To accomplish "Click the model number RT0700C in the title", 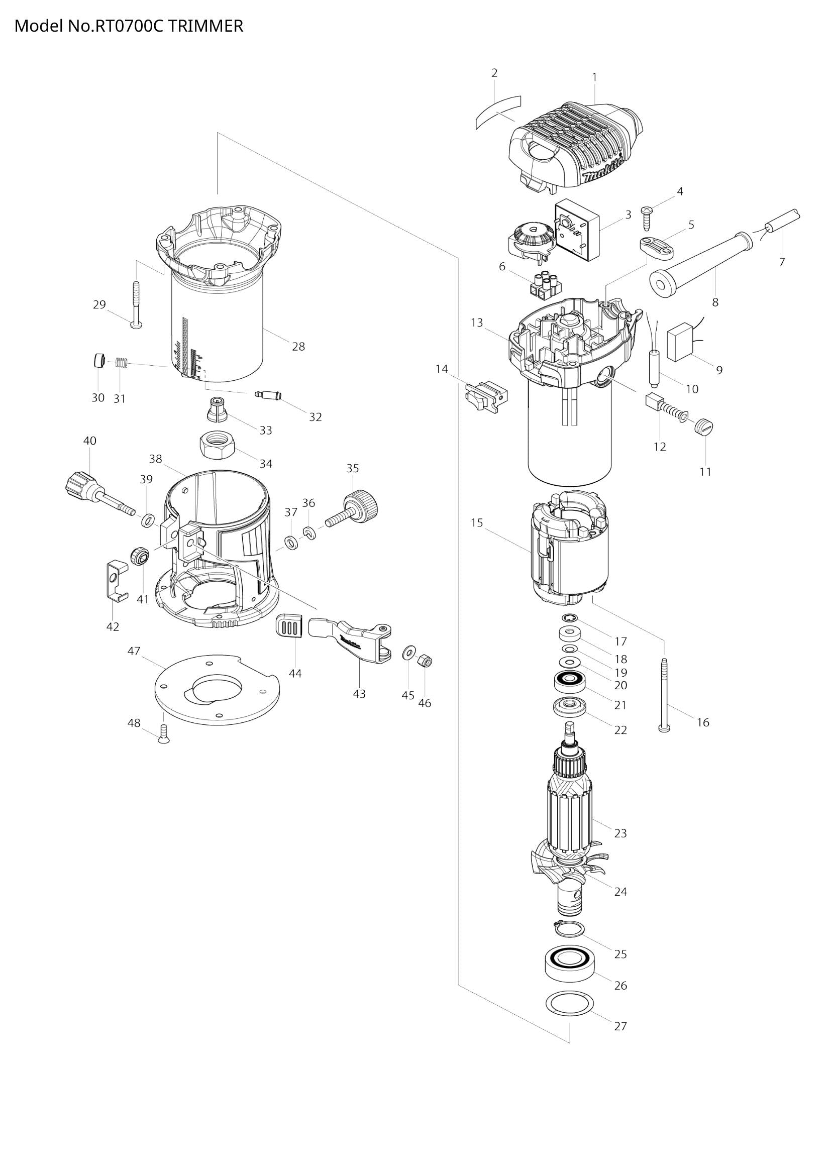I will tap(129, 26).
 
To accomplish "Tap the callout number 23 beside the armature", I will tap(620, 833).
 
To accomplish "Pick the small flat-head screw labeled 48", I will tap(164, 735).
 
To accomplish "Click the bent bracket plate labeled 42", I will tap(116, 581).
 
